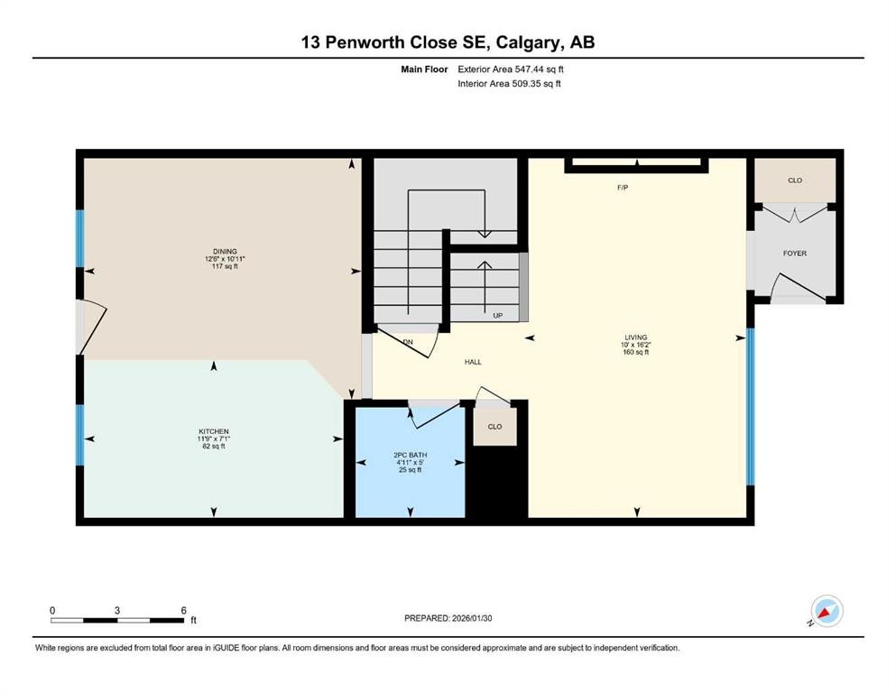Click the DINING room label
(225, 252)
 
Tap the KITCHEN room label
(214, 431)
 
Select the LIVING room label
(636, 337)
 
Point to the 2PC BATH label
(410, 455)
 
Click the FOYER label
(794, 254)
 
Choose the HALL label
(473, 362)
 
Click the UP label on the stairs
(497, 316)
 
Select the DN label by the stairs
(408, 342)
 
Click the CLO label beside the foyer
(794, 180)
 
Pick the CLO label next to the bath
(494, 427)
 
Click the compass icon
(826, 611)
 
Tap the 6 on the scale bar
(183, 610)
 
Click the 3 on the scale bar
(117, 610)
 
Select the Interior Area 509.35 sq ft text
(510, 84)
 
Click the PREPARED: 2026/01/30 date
(448, 618)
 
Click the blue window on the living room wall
(749, 407)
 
